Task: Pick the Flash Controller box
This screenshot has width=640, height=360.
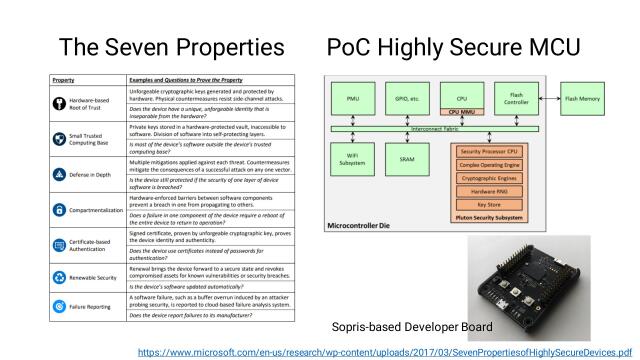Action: pyautogui.click(x=515, y=100)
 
